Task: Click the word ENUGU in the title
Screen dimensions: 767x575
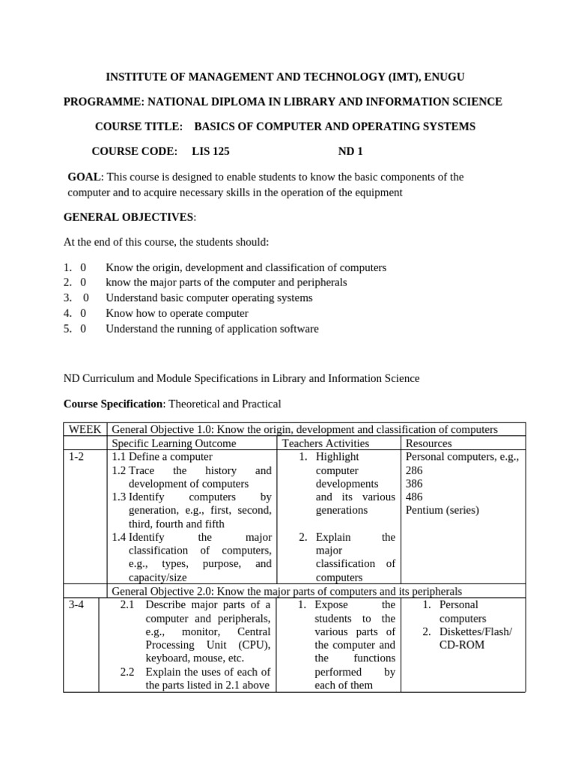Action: (450, 76)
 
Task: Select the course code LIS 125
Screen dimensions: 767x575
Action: (210, 151)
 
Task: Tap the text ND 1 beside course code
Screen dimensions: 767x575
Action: (350, 151)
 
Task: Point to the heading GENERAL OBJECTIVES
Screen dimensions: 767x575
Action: (129, 217)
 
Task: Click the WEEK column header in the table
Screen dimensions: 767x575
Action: (86, 429)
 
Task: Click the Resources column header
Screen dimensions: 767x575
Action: (428, 443)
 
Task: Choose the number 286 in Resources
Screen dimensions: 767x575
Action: (414, 470)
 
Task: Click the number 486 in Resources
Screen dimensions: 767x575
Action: (414, 497)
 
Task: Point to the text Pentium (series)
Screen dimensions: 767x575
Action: (442, 510)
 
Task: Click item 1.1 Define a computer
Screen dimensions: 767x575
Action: (162, 456)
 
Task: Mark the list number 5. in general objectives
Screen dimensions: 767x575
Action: (67, 328)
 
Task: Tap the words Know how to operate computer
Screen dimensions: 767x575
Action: (177, 313)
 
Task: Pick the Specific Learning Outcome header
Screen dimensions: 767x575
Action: (174, 443)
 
